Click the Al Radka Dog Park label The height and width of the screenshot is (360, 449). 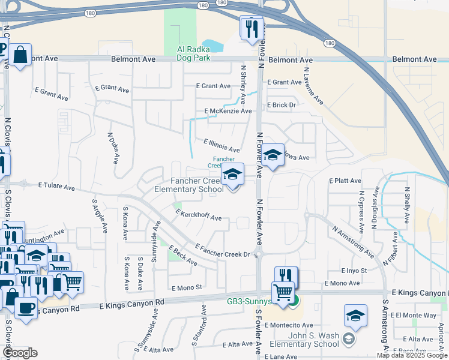(193, 54)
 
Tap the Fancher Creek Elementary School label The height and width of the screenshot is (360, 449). (188, 185)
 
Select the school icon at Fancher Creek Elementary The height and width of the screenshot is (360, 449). (232, 175)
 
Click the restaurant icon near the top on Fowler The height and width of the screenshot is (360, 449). (252, 28)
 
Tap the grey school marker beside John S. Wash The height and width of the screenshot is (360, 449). (348, 340)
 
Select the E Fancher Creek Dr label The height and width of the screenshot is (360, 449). (222, 251)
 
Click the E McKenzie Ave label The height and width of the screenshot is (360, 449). (228, 111)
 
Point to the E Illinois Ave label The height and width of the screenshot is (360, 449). (221, 145)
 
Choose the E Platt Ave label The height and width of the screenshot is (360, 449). (345, 181)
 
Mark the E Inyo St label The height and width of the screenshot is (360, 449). (354, 271)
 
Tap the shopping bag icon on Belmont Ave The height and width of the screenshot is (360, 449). (20, 55)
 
